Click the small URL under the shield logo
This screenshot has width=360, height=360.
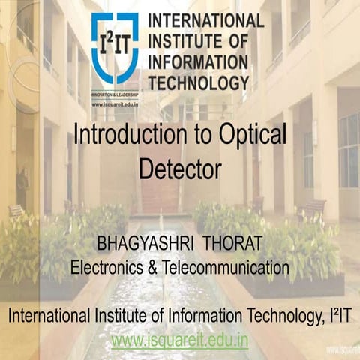pos(113,105)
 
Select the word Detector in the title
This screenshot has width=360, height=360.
pos(180,169)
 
